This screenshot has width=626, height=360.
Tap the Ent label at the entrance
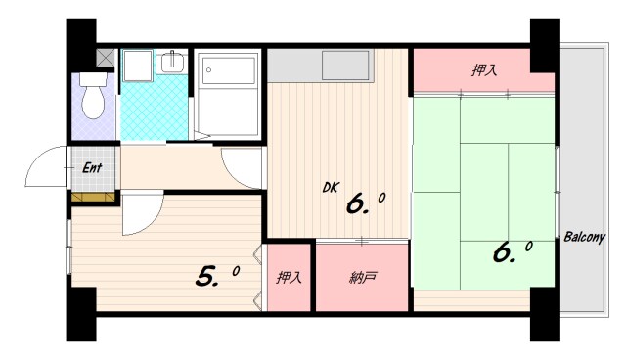click(x=92, y=167)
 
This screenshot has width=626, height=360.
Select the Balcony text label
click(x=585, y=237)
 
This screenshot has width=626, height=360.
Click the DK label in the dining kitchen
click(x=331, y=188)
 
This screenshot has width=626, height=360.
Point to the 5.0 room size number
click(x=217, y=276)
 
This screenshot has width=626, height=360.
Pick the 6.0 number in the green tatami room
click(x=513, y=252)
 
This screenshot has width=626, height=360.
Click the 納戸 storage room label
click(x=363, y=278)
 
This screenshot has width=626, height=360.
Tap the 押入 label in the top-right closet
click(x=484, y=70)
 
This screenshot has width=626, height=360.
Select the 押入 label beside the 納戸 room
click(x=289, y=278)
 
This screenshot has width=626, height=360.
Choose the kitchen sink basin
click(x=346, y=66)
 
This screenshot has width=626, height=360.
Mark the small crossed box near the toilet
click(x=106, y=58)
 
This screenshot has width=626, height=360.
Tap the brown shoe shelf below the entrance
click(x=93, y=197)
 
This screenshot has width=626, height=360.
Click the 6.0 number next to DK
click(x=365, y=203)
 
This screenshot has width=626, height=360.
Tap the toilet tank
click(x=94, y=79)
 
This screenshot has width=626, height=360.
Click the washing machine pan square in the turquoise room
click(x=137, y=66)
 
